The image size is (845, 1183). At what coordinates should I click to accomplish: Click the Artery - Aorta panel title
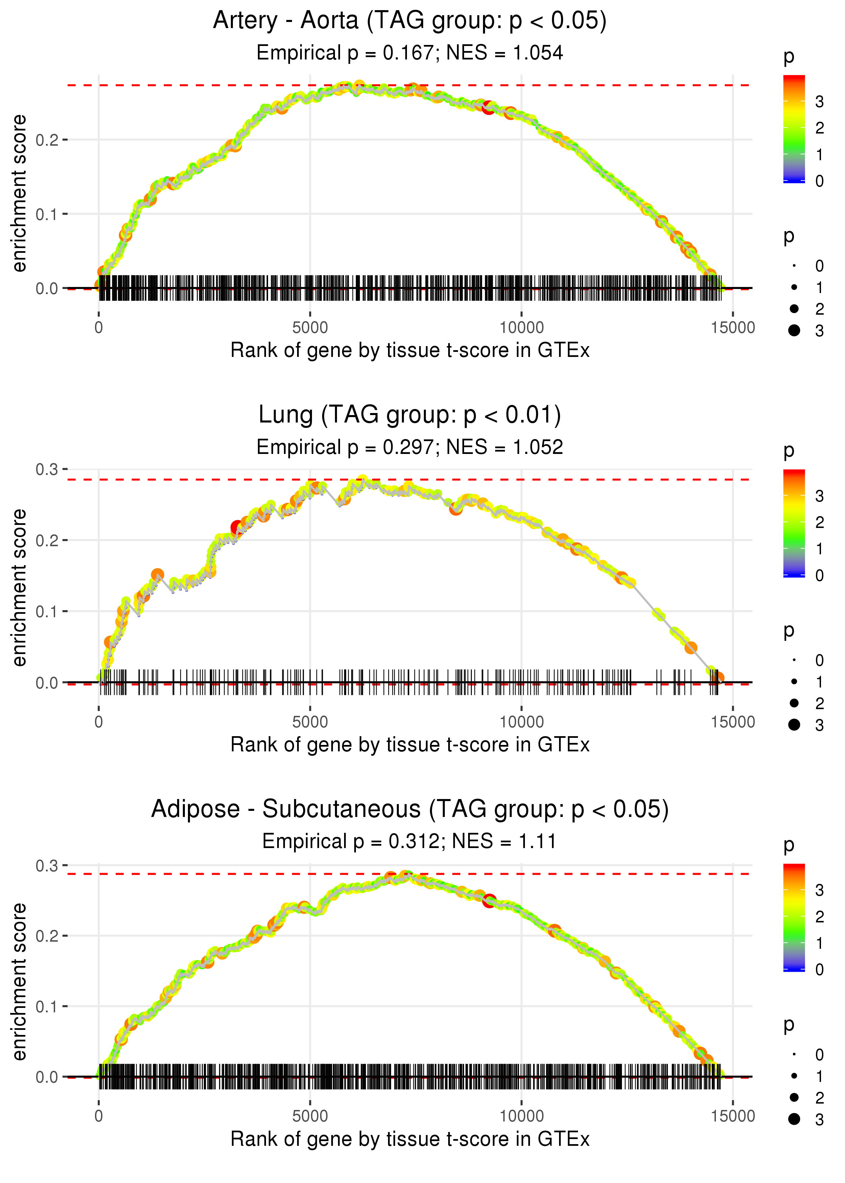click(410, 21)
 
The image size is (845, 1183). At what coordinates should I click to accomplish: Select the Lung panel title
click(410, 415)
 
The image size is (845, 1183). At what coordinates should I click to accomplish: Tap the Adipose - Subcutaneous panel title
click(410, 810)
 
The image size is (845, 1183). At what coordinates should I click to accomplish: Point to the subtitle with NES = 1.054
click(410, 53)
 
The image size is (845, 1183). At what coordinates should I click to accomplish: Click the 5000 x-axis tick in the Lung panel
click(310, 722)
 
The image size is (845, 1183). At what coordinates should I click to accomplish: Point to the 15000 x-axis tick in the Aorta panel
click(732, 328)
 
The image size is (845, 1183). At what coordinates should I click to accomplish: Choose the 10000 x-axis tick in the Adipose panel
click(521, 1116)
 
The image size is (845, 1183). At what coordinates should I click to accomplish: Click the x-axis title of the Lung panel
click(410, 745)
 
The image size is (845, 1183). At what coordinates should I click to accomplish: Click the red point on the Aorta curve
click(488, 108)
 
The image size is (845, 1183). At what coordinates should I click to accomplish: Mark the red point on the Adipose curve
click(489, 900)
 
